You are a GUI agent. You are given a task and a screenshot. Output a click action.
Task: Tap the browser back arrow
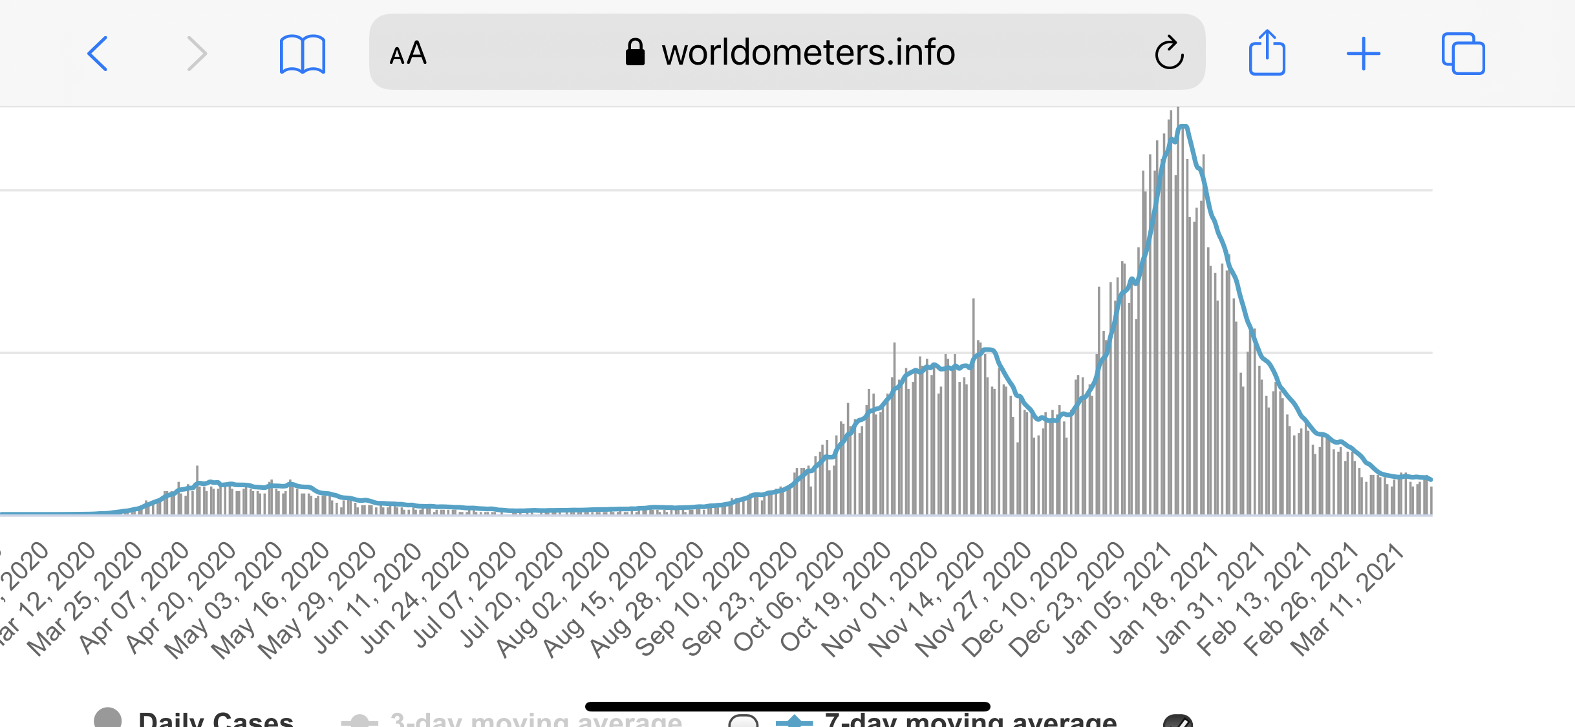tap(98, 53)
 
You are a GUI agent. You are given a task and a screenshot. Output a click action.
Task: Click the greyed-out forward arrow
tap(197, 53)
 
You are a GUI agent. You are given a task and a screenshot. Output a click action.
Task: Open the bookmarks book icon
tap(302, 54)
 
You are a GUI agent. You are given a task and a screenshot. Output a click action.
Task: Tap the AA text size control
tap(408, 53)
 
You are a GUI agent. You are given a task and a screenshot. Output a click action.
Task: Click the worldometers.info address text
tap(808, 52)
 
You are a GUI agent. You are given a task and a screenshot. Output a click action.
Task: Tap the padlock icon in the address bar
tap(635, 52)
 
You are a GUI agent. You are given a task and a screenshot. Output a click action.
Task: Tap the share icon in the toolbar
tap(1267, 53)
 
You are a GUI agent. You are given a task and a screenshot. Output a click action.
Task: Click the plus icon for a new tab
tap(1364, 53)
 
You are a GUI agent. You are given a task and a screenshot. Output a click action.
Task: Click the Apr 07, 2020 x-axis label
tap(134, 597)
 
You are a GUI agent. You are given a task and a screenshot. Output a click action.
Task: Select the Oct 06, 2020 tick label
tap(790, 597)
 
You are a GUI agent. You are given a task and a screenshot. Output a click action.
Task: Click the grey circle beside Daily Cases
tap(107, 718)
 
